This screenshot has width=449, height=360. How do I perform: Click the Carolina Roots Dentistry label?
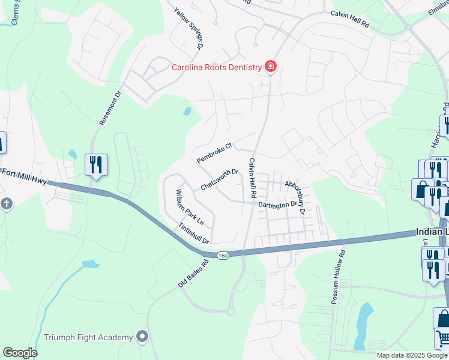point(217,67)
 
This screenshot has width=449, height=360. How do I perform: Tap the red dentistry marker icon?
point(271,67)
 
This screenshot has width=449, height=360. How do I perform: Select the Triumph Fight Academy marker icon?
point(142,337)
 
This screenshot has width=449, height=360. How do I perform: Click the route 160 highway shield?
point(223,256)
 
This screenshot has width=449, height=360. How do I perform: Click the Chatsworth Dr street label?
point(220,179)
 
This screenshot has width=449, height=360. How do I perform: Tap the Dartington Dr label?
point(278,205)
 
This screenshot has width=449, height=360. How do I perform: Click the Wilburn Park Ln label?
point(190,208)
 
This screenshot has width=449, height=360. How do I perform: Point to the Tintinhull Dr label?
point(193,233)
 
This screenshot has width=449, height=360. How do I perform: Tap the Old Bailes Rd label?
point(193,273)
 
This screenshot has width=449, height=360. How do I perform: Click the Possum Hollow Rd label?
point(339,263)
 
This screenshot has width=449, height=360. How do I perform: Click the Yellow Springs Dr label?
point(189,28)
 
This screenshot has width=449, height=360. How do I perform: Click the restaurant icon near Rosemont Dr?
point(96,164)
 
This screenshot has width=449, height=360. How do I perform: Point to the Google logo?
point(20,353)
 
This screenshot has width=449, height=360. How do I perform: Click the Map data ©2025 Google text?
point(412,355)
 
